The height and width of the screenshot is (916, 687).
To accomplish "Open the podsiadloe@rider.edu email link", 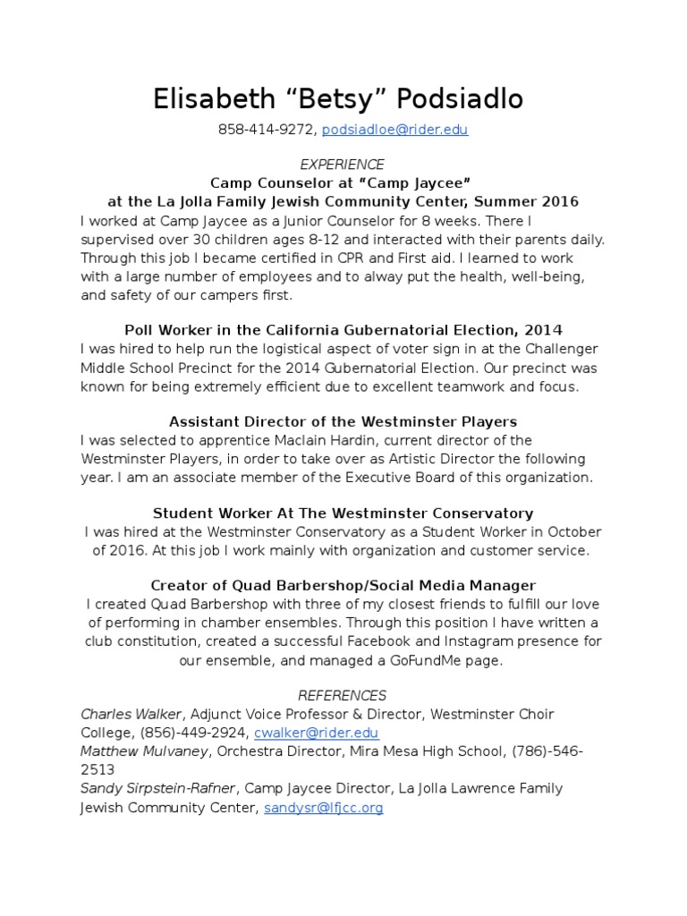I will point(394,130).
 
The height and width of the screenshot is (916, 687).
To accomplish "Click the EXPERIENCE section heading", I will point(343,165).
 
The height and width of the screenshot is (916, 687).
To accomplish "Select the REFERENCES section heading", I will point(342,695).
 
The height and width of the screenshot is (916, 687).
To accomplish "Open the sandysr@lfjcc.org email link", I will point(323,808).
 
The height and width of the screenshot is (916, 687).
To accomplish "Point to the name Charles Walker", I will point(132,714).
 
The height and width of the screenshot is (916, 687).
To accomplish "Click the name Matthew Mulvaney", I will point(144,751).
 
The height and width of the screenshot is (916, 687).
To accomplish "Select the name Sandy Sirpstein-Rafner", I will point(158,789).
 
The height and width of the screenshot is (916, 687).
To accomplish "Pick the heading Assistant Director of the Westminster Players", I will point(343,421).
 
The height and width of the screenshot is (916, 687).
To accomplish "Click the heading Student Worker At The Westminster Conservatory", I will point(343,513).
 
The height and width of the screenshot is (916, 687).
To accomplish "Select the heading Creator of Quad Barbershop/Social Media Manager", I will point(343,586).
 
